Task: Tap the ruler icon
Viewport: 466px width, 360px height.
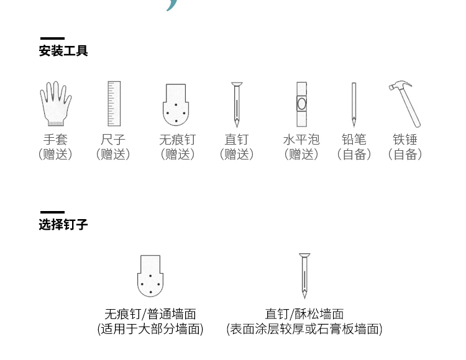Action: click(x=113, y=104)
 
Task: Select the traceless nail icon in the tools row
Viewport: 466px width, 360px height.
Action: click(x=177, y=104)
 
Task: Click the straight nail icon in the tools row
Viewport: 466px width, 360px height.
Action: click(x=236, y=104)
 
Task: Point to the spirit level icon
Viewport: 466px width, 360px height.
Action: click(x=301, y=104)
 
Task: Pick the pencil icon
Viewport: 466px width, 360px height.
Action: click(x=354, y=104)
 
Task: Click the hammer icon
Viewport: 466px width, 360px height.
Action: click(x=405, y=103)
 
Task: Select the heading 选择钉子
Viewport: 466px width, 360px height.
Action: click(x=63, y=225)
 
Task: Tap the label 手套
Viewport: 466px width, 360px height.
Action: click(x=55, y=140)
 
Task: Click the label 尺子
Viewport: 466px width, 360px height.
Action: click(x=113, y=140)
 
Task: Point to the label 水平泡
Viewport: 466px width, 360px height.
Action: click(x=301, y=140)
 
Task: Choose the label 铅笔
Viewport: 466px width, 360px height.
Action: click(x=354, y=140)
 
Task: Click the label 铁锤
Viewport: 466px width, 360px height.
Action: click(x=405, y=140)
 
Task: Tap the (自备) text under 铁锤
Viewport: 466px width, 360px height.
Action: click(x=405, y=155)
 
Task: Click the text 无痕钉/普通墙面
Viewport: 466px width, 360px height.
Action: click(x=150, y=314)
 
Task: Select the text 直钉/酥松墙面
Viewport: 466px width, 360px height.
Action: click(x=304, y=314)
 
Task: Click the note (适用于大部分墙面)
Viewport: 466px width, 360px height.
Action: click(x=150, y=329)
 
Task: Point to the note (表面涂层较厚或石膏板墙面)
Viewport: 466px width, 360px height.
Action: click(x=304, y=329)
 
